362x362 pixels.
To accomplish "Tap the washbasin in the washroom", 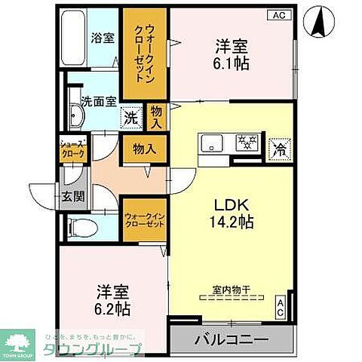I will point(77,117).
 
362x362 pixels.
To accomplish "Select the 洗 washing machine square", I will point(131,118).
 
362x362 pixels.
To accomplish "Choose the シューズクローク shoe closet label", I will point(74,149).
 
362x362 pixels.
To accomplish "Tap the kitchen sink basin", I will point(210,143).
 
